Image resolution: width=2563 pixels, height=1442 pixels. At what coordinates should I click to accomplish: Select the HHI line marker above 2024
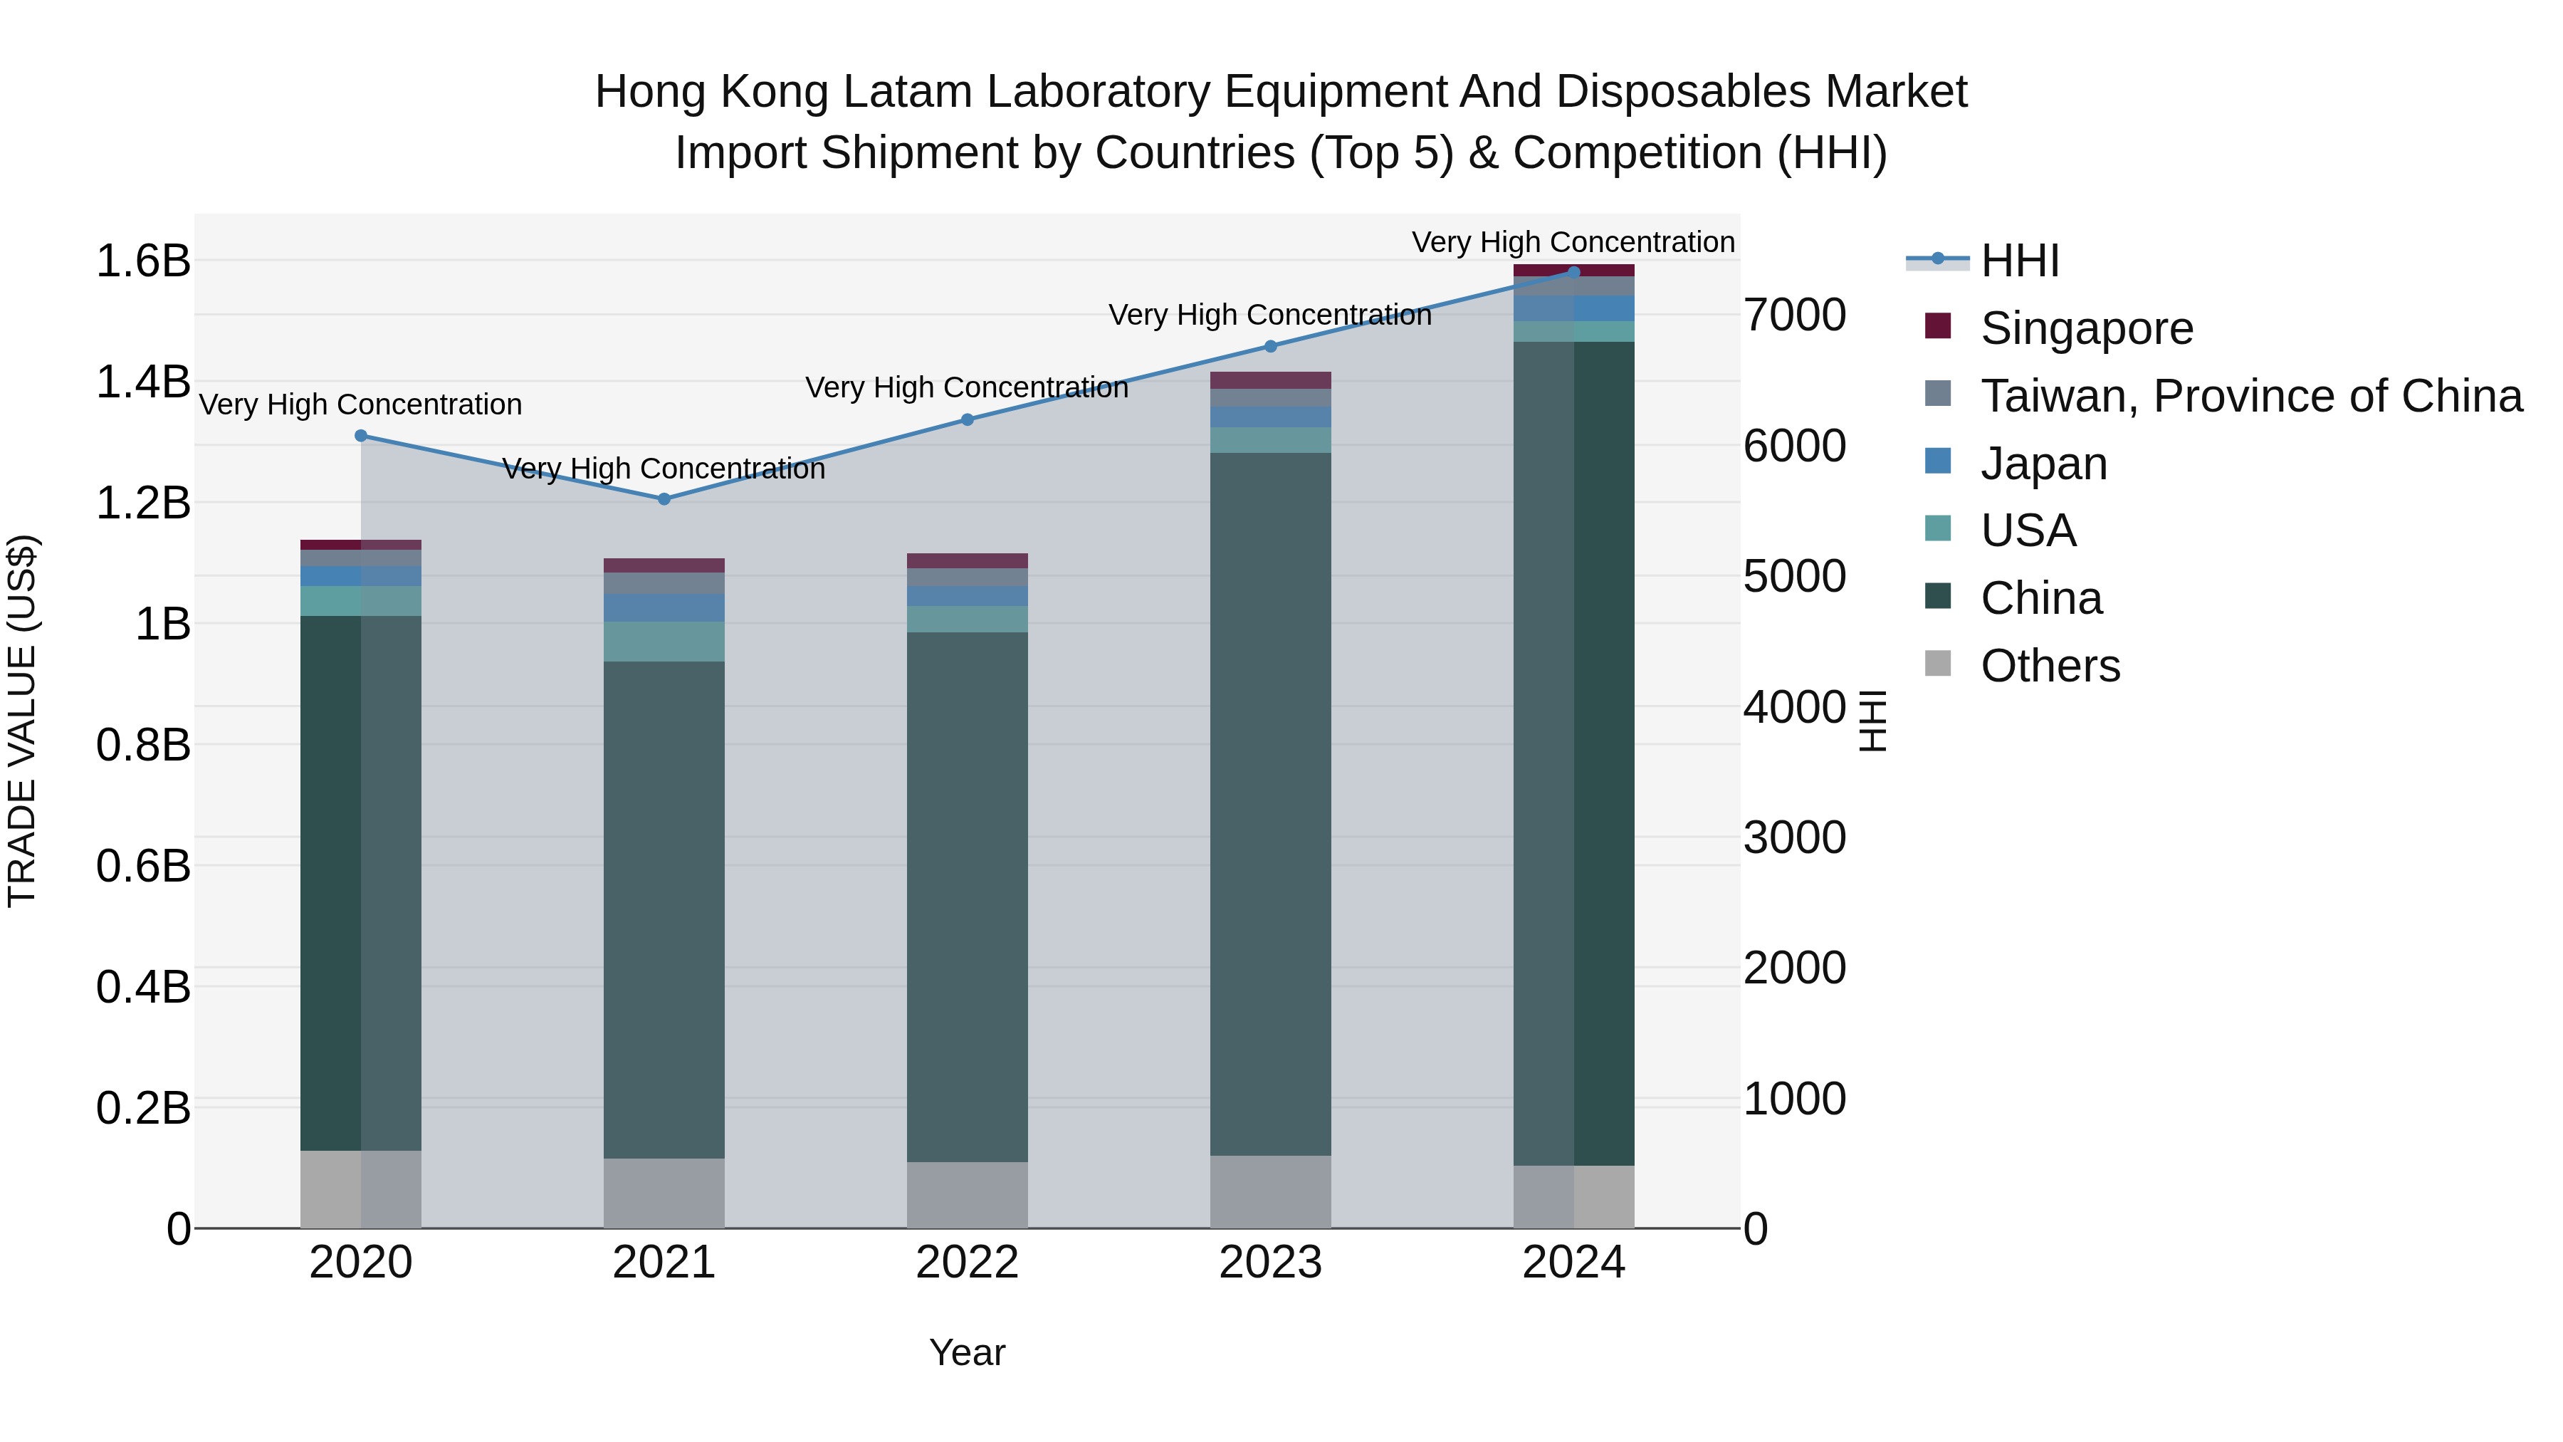point(1573,272)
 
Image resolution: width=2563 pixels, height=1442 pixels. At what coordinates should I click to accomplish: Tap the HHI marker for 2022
point(967,419)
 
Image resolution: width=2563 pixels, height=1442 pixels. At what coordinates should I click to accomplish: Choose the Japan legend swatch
point(1938,461)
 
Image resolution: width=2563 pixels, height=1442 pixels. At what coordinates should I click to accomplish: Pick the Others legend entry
point(2050,666)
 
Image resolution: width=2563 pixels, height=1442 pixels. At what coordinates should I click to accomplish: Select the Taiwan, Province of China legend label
point(2250,396)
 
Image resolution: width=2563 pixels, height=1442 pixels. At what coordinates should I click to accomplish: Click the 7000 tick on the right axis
point(1794,315)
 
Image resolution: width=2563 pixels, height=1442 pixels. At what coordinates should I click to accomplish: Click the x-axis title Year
point(967,1352)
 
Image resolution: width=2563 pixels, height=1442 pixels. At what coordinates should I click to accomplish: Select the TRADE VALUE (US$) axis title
point(22,721)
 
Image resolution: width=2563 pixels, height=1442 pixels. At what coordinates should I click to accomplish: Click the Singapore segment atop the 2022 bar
point(967,560)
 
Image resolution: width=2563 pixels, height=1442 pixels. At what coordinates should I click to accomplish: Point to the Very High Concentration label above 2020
point(360,405)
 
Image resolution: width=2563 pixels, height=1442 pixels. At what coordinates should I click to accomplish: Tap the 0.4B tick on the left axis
point(142,987)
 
